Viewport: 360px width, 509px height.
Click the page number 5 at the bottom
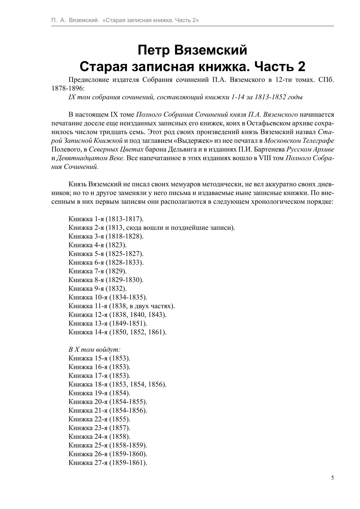coord(332,478)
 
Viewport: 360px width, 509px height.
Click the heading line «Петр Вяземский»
coord(192,50)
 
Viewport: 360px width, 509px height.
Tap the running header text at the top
coord(125,20)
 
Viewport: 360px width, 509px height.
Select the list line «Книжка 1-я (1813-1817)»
coord(106,219)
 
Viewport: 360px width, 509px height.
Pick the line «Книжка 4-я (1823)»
coord(97,245)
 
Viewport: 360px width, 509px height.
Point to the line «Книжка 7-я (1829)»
coord(97,271)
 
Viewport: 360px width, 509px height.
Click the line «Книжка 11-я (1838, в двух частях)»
coord(122,306)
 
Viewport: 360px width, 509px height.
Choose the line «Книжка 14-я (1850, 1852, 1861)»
coord(117,332)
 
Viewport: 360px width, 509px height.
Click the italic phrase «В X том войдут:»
coord(94,350)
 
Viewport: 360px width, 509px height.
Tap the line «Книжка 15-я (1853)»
coord(99,358)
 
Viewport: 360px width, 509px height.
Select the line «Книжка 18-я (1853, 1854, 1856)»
coord(117,384)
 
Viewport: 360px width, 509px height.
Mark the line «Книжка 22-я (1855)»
coord(99,419)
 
